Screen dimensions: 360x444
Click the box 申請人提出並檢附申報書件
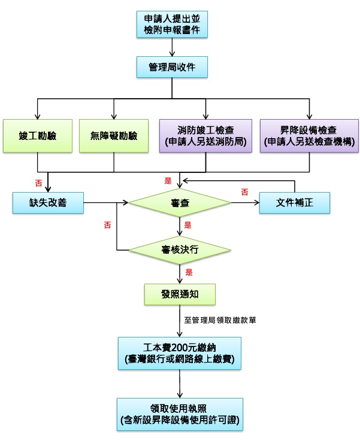point(172,25)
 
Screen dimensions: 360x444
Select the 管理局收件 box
point(172,67)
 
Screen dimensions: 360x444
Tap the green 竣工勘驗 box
point(38,136)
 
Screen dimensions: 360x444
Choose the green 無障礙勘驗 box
point(114,136)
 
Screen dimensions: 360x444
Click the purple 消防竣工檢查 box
point(205,136)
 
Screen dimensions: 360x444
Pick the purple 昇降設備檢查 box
point(309,136)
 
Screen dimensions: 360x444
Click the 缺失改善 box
point(48,203)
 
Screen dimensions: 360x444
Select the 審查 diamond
point(180,203)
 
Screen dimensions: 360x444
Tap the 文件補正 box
point(295,203)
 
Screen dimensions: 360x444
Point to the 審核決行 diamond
point(180,250)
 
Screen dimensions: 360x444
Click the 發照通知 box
point(180,294)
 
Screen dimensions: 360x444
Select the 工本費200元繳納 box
point(180,354)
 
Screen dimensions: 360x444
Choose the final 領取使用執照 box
point(180,414)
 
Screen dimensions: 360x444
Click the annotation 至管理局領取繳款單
point(220,320)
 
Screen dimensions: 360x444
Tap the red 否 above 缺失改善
point(38,183)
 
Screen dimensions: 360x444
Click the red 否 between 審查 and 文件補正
point(244,192)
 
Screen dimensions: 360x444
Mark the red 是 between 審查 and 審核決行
point(187,226)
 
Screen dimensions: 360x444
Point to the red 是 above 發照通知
point(189,272)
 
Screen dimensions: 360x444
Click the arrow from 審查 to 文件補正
point(245,203)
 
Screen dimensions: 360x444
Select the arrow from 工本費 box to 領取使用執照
point(180,384)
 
